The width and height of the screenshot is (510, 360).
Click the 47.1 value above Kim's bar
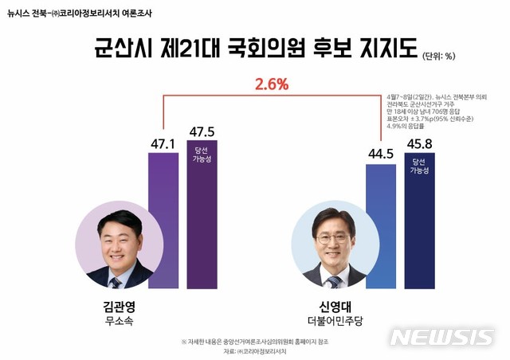click(163, 143)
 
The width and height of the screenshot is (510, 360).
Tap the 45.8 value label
click(419, 145)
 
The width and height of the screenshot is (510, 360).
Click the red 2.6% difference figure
click(271, 84)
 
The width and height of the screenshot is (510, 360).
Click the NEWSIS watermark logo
click(442, 337)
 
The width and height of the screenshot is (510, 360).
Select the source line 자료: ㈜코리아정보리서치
click(254, 350)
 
